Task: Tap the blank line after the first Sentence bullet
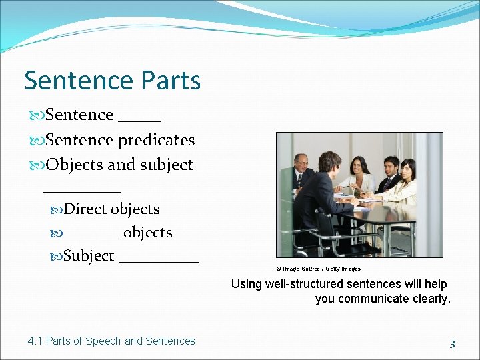coord(139,119)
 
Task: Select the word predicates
coord(156,140)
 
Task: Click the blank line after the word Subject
coord(158,261)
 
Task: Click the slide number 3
coord(452,344)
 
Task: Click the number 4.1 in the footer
coord(35,341)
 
